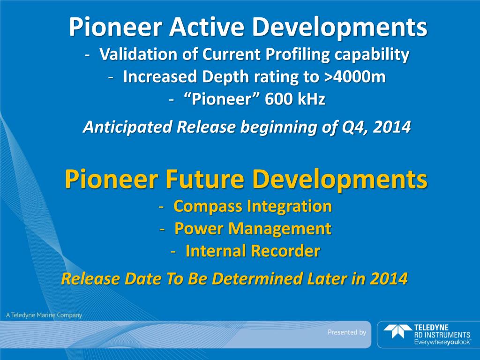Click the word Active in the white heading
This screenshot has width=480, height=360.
tap(207, 27)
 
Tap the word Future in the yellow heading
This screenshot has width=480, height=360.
tap(205, 179)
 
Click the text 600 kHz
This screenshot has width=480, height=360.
tap(295, 99)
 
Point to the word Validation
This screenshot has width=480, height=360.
tap(138, 54)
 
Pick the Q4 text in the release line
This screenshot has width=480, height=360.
tap(355, 127)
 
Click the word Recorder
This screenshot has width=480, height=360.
tap(285, 251)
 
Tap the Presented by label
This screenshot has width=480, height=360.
tap(347, 332)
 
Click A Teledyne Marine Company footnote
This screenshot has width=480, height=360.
tap(44, 315)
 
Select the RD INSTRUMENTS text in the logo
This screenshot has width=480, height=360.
tap(442, 335)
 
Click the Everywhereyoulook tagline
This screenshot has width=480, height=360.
tap(442, 342)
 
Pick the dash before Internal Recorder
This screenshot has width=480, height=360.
tap(173, 252)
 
